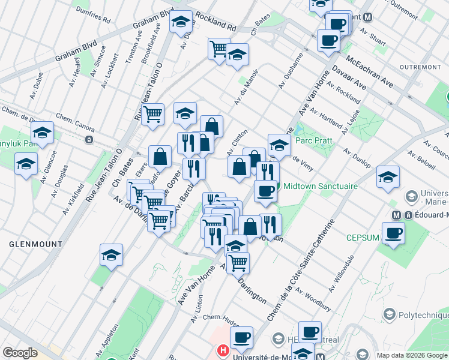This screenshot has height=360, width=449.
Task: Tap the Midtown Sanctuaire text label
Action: [321, 186]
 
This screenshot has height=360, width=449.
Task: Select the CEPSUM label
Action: [363, 238]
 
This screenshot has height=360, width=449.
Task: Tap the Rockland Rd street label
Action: [216, 23]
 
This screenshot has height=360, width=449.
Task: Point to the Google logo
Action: [19, 353]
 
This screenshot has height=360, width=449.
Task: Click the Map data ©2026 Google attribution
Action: [411, 355]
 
